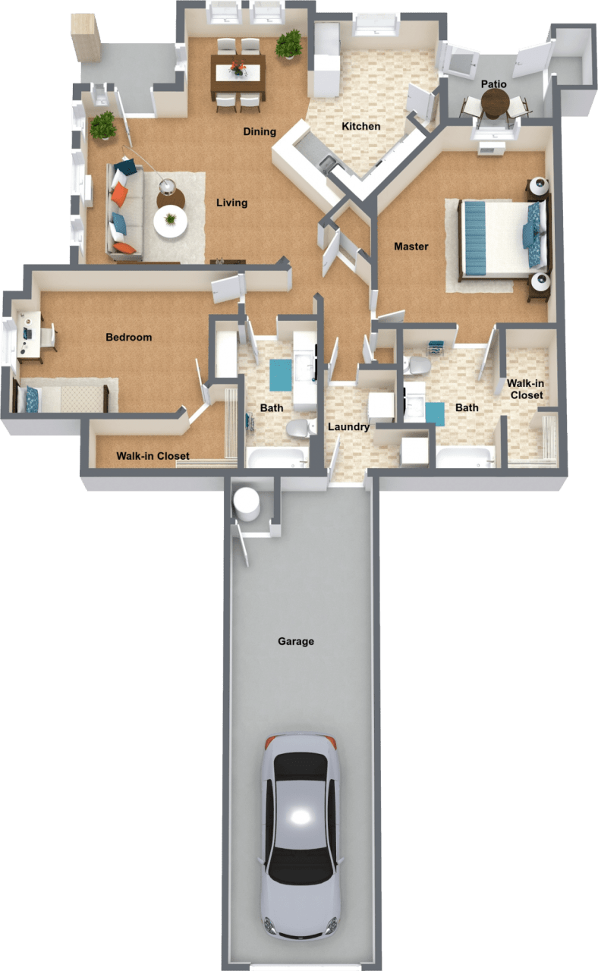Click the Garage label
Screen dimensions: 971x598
tap(295, 642)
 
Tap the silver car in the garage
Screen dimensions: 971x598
tap(301, 834)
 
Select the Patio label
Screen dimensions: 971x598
tap(493, 84)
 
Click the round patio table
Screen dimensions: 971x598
tap(495, 100)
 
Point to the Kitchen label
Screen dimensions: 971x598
tap(360, 126)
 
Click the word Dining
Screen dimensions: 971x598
tap(260, 132)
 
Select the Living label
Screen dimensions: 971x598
tap(231, 203)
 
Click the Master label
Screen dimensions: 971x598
tap(411, 247)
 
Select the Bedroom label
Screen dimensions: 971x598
tap(129, 337)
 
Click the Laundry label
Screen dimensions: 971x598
tap(348, 427)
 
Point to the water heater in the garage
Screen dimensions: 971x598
tap(247, 504)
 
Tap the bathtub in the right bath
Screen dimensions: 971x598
tap(464, 458)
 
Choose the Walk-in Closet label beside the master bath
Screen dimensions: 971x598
tap(526, 390)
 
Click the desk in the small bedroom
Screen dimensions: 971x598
tap(31, 334)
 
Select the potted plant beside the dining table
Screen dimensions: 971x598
tap(288, 44)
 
